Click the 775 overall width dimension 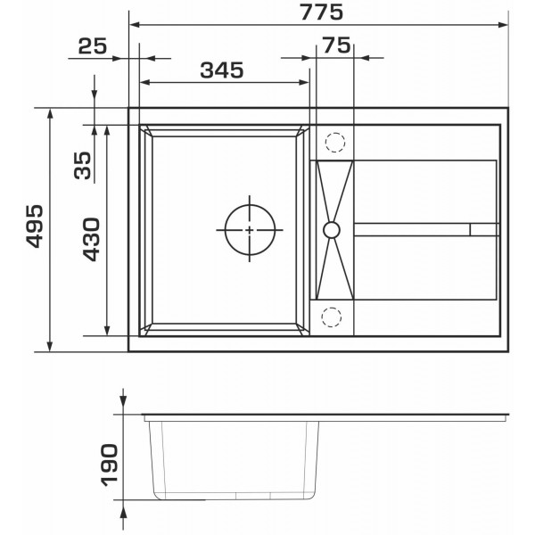point(321,12)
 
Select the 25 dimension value point(93,46)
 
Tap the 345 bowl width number point(222,70)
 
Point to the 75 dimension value point(336,45)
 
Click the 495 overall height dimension point(35,226)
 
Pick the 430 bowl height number point(92,240)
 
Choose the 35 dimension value point(83,166)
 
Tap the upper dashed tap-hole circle point(335,143)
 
